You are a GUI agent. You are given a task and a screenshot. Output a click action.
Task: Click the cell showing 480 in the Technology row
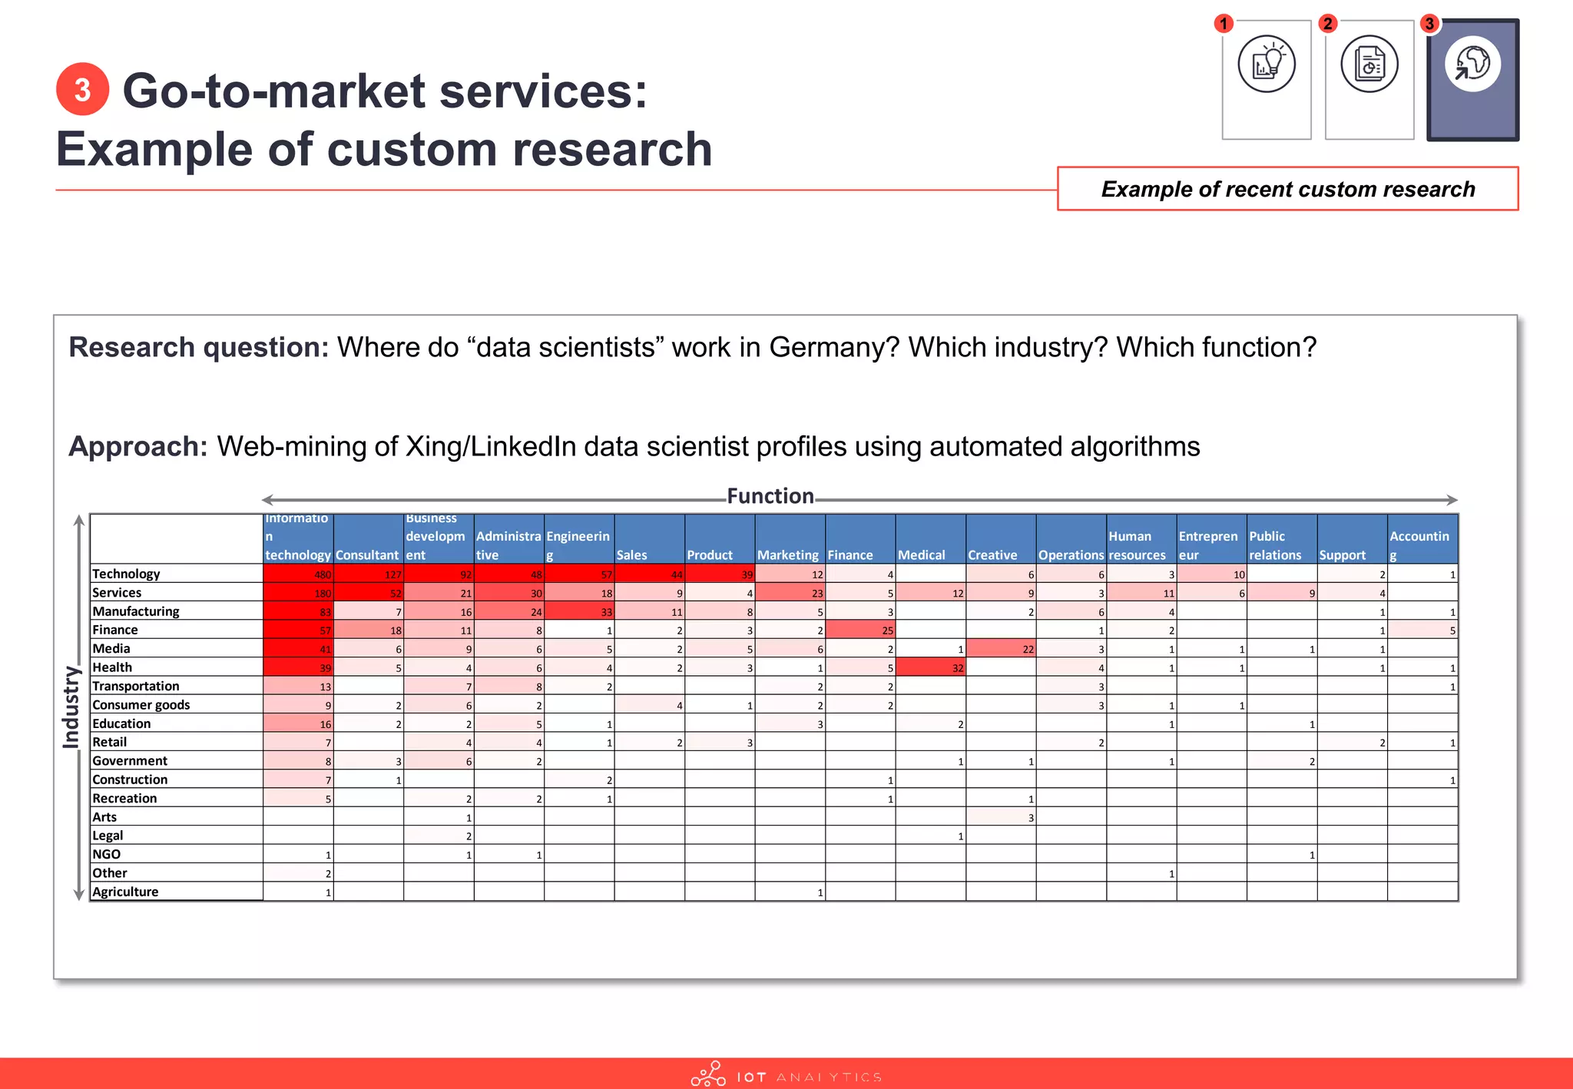[x=298, y=574]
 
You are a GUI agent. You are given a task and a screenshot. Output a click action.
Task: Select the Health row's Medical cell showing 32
[x=930, y=667]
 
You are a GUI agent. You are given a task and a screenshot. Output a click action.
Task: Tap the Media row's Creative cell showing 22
[x=1001, y=649]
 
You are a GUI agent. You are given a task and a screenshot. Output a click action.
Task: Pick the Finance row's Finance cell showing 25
[x=860, y=630]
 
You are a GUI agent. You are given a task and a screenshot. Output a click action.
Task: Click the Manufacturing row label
[x=136, y=611]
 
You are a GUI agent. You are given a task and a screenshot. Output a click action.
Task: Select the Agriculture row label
[x=125, y=892]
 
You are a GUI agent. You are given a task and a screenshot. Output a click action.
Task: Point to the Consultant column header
[x=367, y=554]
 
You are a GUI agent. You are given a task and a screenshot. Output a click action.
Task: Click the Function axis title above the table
[x=770, y=496]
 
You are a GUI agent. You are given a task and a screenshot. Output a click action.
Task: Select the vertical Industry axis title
[x=71, y=707]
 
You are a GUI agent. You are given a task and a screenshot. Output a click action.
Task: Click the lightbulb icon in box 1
[x=1267, y=65]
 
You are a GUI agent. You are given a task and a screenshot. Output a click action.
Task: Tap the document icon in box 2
[x=1369, y=65]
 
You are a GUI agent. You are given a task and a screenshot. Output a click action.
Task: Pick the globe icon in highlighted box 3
[x=1472, y=65]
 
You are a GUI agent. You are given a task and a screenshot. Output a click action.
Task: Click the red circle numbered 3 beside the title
[x=82, y=90]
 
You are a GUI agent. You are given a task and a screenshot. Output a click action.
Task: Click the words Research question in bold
[x=198, y=347]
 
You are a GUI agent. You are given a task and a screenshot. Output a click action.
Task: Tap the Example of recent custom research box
[x=1287, y=189]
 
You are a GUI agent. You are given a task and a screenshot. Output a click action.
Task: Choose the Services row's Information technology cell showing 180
[x=298, y=593]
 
